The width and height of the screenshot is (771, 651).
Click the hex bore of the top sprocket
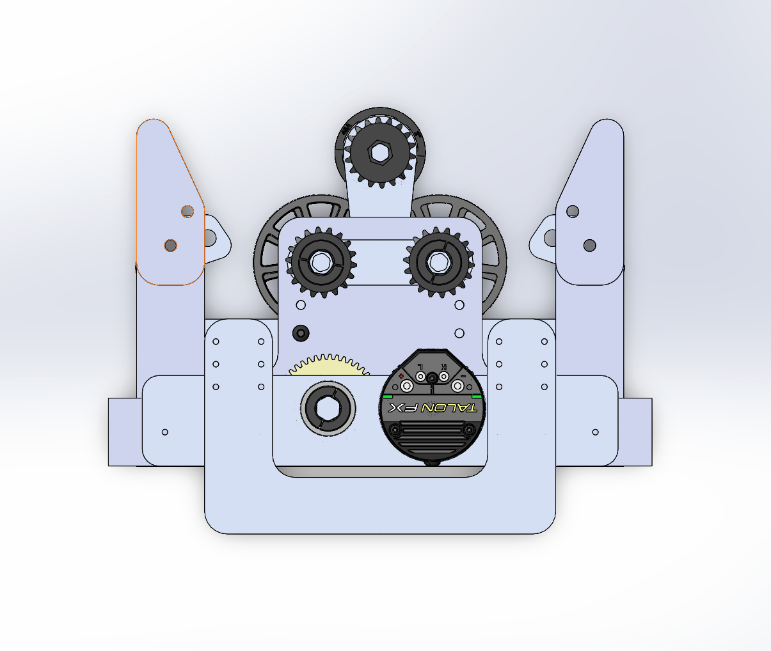(380, 152)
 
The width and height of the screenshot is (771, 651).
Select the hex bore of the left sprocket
(320, 261)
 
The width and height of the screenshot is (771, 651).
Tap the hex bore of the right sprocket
(438, 262)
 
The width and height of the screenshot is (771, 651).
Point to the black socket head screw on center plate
(300, 333)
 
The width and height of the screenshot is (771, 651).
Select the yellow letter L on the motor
(420, 366)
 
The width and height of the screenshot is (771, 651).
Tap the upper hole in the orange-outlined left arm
(187, 211)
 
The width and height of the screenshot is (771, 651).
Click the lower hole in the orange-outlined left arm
(170, 245)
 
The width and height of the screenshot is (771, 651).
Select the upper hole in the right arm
(573, 211)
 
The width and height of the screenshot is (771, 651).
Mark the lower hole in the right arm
(590, 245)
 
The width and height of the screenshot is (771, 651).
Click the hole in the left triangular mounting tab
(209, 239)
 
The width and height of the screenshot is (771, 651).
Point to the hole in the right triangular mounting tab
(550, 239)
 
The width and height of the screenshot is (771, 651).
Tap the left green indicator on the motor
(386, 396)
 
